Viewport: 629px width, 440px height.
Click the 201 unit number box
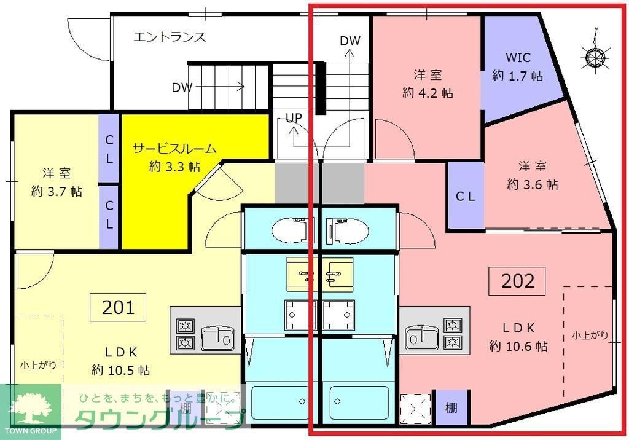tap(118, 307)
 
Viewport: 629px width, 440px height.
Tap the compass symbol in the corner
tap(595, 57)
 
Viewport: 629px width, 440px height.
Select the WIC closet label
tap(517, 57)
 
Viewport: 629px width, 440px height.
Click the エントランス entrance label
tap(170, 37)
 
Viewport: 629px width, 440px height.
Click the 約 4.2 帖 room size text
tap(428, 93)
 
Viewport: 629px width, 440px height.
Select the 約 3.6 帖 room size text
tap(532, 184)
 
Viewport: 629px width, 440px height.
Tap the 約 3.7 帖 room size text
tap(57, 191)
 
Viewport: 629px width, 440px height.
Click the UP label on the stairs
tap(294, 117)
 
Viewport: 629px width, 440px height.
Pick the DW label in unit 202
tap(350, 41)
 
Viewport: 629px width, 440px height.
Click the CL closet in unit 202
tap(465, 197)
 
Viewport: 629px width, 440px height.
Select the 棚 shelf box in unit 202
tap(451, 407)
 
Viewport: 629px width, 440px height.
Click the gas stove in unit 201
tap(185, 334)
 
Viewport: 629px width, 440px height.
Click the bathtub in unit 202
tap(359, 403)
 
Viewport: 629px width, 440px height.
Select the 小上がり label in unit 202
tap(590, 335)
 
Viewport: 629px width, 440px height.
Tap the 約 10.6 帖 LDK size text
tap(518, 346)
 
